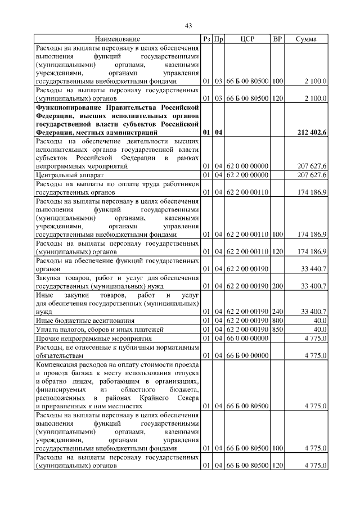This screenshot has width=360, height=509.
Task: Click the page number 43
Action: click(x=189, y=25)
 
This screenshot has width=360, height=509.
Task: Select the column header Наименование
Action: click(x=117, y=39)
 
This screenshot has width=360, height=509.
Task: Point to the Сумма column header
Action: click(x=306, y=39)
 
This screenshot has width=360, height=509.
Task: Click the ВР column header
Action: click(x=277, y=39)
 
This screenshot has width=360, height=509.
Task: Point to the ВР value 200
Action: click(x=277, y=287)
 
